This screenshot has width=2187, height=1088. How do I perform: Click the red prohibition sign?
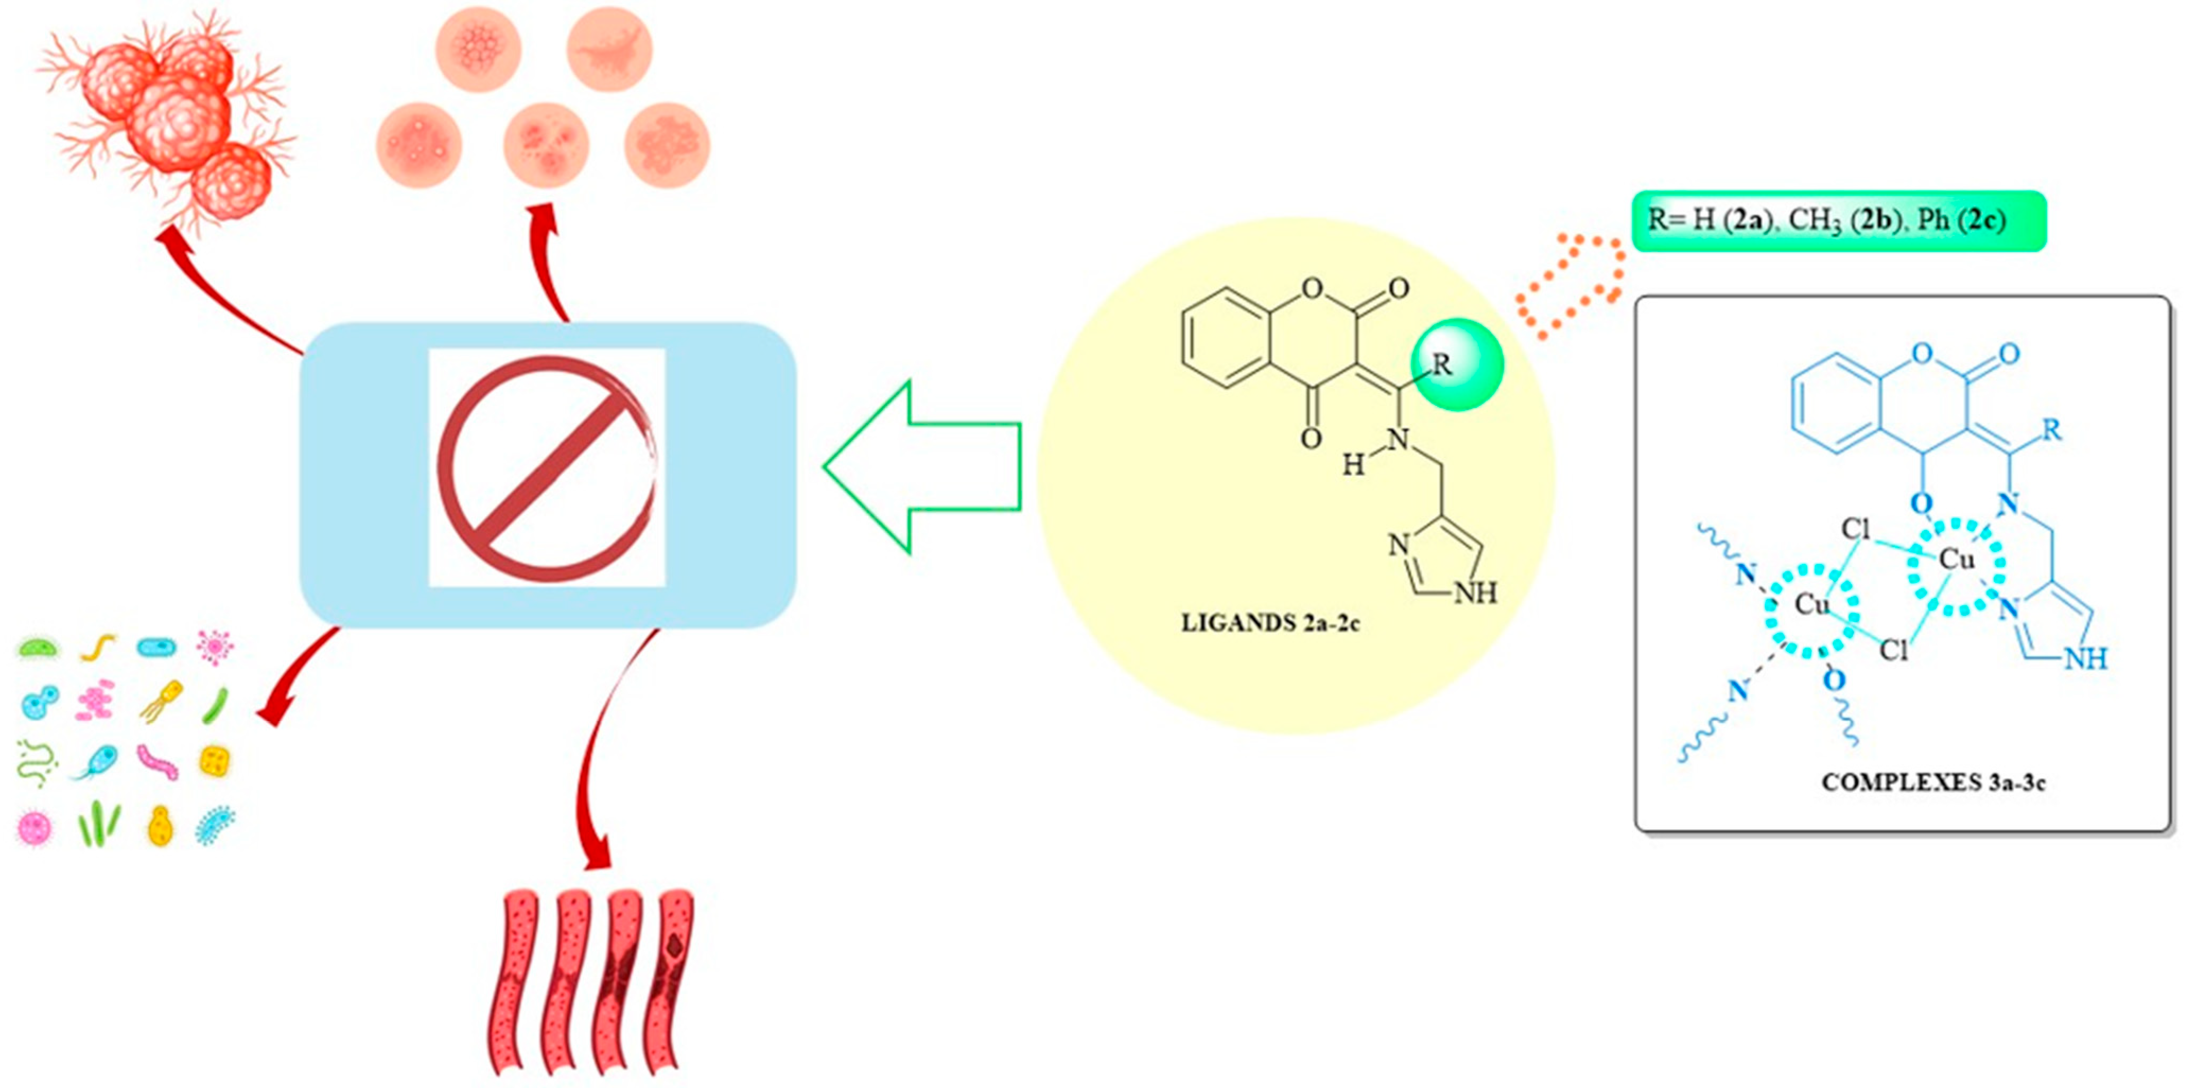[548, 468]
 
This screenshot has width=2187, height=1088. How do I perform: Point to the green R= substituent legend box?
[1838, 221]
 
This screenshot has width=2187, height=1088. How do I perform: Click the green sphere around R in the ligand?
[1457, 365]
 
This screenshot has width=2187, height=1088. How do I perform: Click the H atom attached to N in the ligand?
[1352, 465]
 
